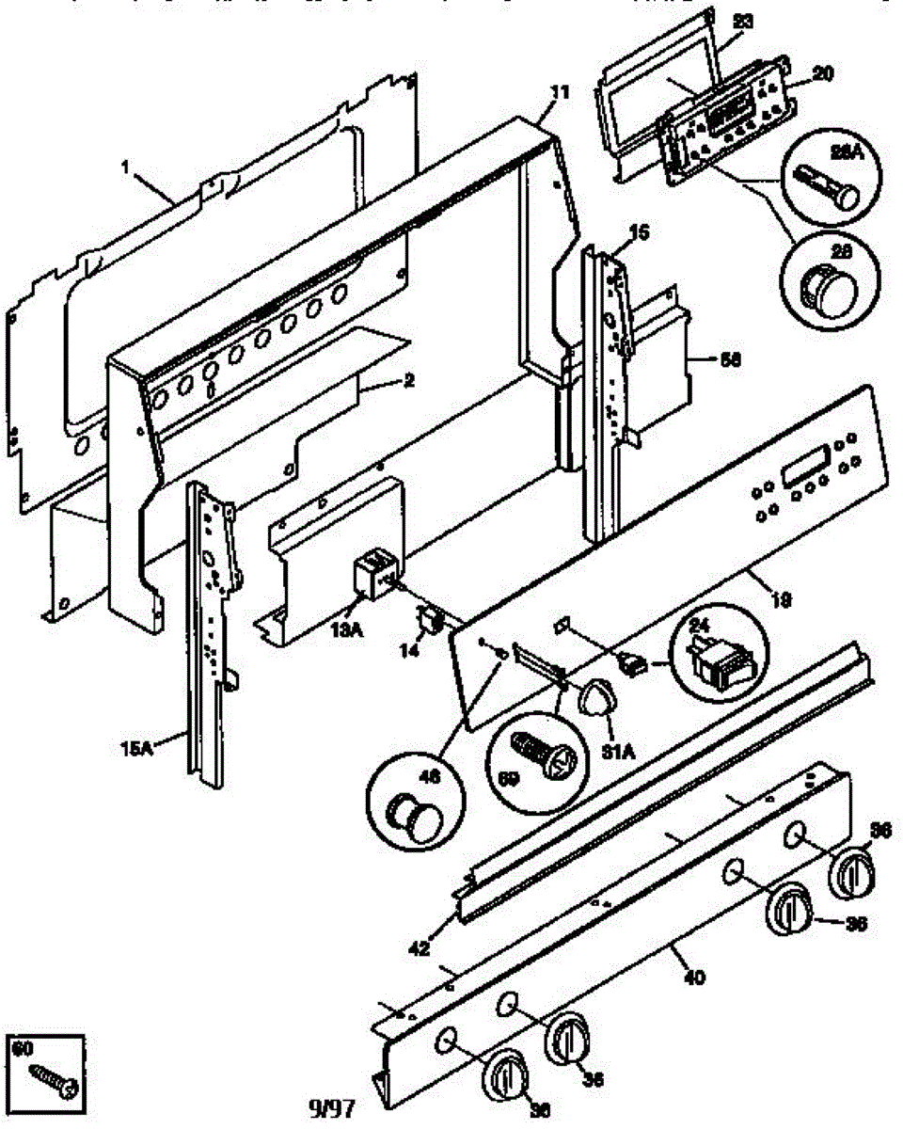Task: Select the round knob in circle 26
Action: pos(822,280)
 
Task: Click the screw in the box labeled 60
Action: pos(49,1080)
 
